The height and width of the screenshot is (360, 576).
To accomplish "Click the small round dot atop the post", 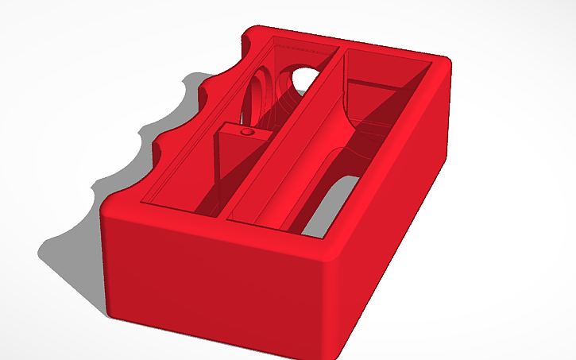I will pos(245,130).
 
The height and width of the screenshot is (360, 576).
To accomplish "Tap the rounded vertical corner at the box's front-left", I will pos(106,262).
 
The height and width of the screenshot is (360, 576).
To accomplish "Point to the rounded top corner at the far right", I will pos(450,67).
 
